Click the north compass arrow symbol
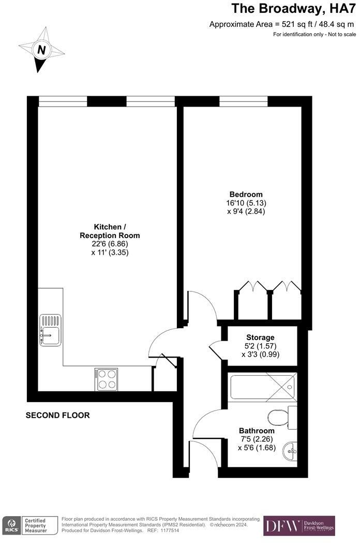[x=41, y=50]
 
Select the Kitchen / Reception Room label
[x=110, y=231]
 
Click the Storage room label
[x=260, y=337]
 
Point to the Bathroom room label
[x=257, y=431]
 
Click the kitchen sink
[x=51, y=330]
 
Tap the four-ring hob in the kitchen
[x=106, y=379]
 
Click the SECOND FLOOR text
[x=57, y=415]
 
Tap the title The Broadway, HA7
[x=293, y=8]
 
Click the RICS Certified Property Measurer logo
[x=26, y=525]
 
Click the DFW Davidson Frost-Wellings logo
[x=299, y=525]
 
